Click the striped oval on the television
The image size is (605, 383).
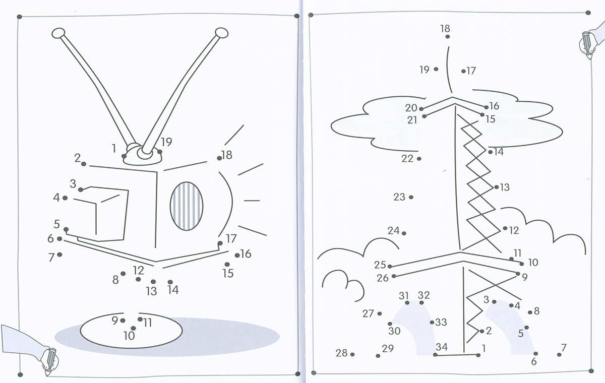tap(187, 206)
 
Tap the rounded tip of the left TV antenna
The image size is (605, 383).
tap(58, 33)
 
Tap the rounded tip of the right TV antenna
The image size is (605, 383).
tap(221, 33)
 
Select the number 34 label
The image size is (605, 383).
tap(442, 347)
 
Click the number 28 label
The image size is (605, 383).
tap(341, 353)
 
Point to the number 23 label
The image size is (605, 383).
tap(399, 197)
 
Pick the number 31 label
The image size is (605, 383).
tap(404, 296)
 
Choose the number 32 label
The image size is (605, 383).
tap(423, 295)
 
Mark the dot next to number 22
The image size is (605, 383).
tap(419, 159)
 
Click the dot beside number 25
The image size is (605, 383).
tap(390, 267)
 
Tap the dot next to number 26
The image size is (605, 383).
tap(394, 276)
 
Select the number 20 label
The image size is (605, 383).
tap(411, 108)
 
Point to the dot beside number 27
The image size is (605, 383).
tap(380, 313)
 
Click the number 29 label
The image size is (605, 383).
tap(388, 349)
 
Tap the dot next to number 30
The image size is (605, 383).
tap(390, 324)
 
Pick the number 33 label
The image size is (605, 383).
tap(441, 322)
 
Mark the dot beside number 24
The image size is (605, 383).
tap(404, 233)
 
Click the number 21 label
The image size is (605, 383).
tap(412, 120)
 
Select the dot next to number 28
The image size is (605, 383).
tap(352, 354)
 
